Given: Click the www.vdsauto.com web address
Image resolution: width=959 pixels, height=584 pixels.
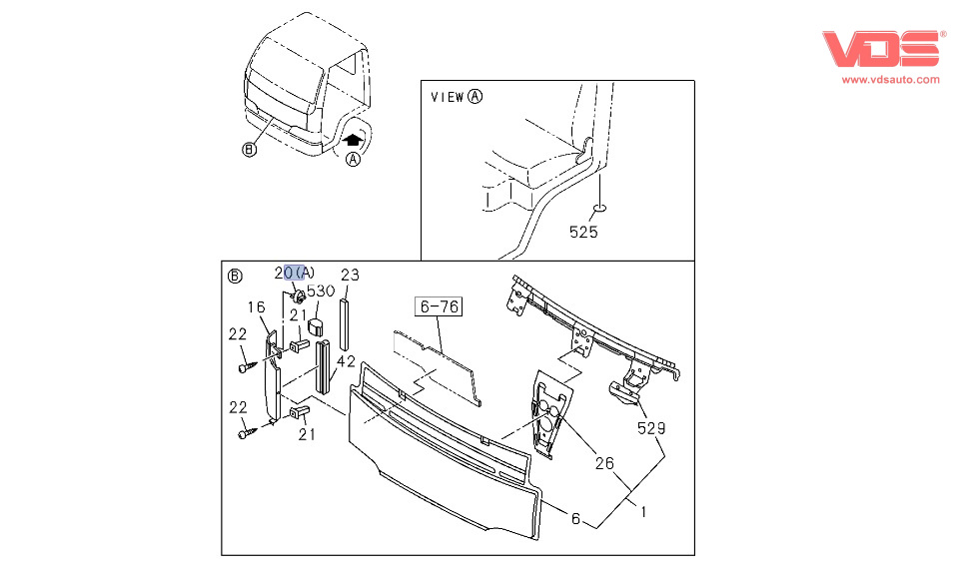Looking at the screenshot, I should [x=890, y=79].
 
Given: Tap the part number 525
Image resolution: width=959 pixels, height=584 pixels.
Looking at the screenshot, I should [x=583, y=233].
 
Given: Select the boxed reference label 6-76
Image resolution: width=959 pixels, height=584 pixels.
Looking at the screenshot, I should [x=440, y=306].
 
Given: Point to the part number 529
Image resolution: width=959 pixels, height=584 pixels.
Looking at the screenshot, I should [x=652, y=429].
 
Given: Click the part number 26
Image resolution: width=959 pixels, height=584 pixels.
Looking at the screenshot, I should [x=604, y=463].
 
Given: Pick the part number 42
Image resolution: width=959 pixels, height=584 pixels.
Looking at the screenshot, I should [x=346, y=361].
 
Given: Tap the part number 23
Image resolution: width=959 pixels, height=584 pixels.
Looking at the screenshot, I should [x=350, y=276].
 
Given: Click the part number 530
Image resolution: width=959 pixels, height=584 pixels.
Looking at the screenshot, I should [x=321, y=292].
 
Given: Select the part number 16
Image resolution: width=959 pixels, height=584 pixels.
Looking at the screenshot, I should [x=257, y=307].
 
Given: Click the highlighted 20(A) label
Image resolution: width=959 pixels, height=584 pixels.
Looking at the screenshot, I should [x=295, y=273].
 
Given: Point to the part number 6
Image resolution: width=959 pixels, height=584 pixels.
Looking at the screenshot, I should [x=575, y=518].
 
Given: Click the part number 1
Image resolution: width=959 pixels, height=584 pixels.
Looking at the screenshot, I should [x=644, y=513].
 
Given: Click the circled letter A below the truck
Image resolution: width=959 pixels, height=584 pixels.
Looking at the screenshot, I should [x=353, y=160].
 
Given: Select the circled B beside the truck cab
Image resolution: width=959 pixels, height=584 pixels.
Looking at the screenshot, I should [x=250, y=151].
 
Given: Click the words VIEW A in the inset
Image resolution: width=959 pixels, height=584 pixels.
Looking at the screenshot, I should [x=457, y=97].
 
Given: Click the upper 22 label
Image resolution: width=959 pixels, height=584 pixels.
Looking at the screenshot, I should [x=238, y=334].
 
